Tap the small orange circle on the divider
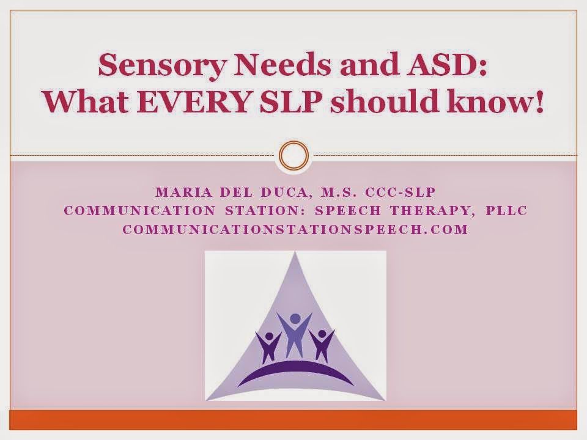[293, 156]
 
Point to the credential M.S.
[339, 192]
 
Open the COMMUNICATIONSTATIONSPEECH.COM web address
[295, 230]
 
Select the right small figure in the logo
[322, 343]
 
